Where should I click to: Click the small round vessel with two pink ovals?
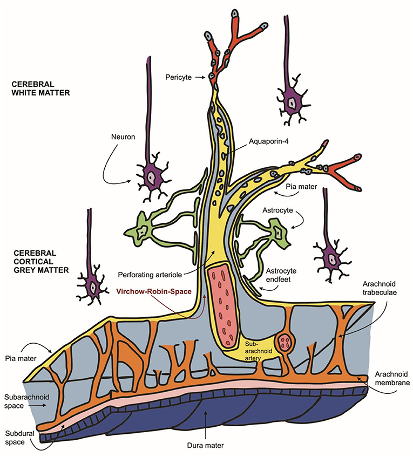point(286,344)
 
